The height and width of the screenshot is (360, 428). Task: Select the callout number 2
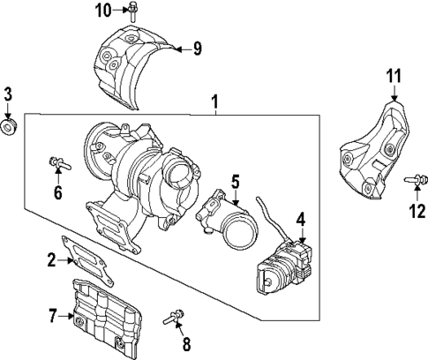coord(52,259)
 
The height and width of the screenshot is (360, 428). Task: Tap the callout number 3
coord(9,94)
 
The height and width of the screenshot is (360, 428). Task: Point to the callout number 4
coord(301,219)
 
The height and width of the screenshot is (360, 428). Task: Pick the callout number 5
coord(236,183)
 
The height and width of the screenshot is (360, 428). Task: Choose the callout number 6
coord(58,192)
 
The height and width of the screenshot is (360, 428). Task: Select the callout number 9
coord(198,48)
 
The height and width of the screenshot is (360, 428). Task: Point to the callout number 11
coord(394,77)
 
